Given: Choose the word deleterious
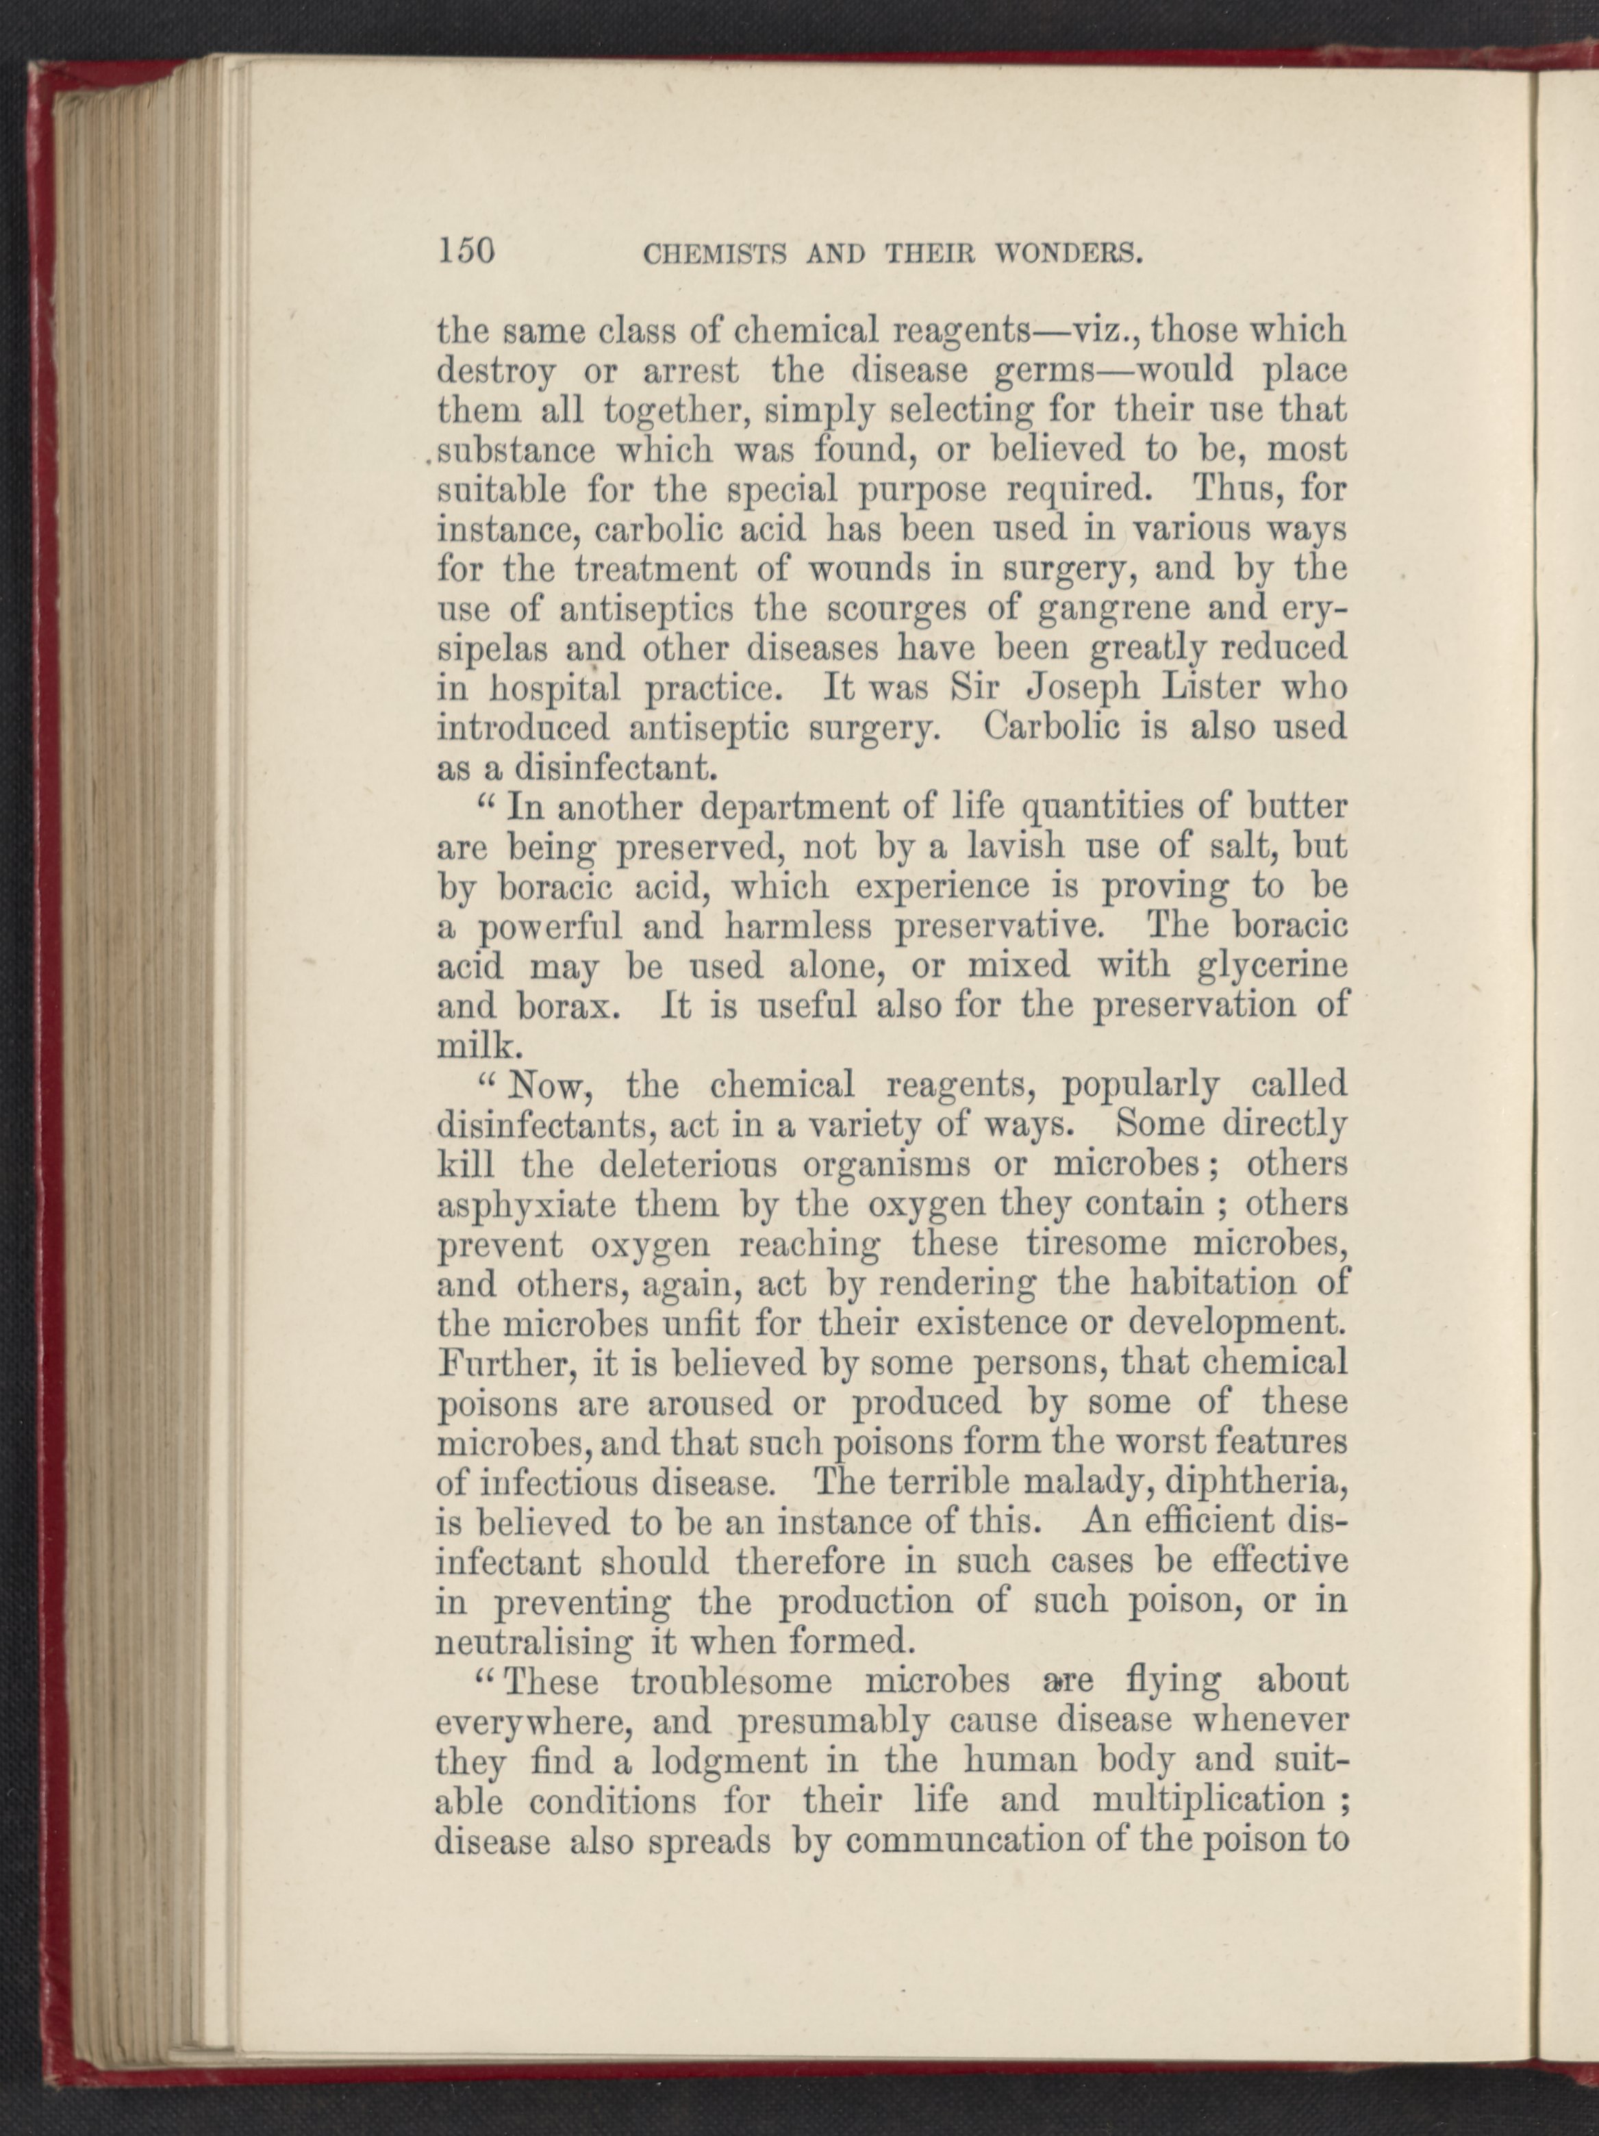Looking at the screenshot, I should pos(688,1166).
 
